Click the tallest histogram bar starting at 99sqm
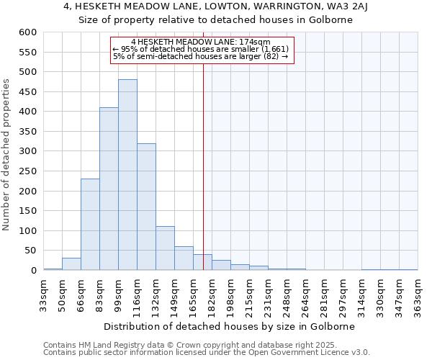(127, 175)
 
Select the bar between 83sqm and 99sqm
(109, 189)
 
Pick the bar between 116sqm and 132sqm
(146, 207)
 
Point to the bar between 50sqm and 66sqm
(71, 264)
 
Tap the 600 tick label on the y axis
(27, 32)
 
